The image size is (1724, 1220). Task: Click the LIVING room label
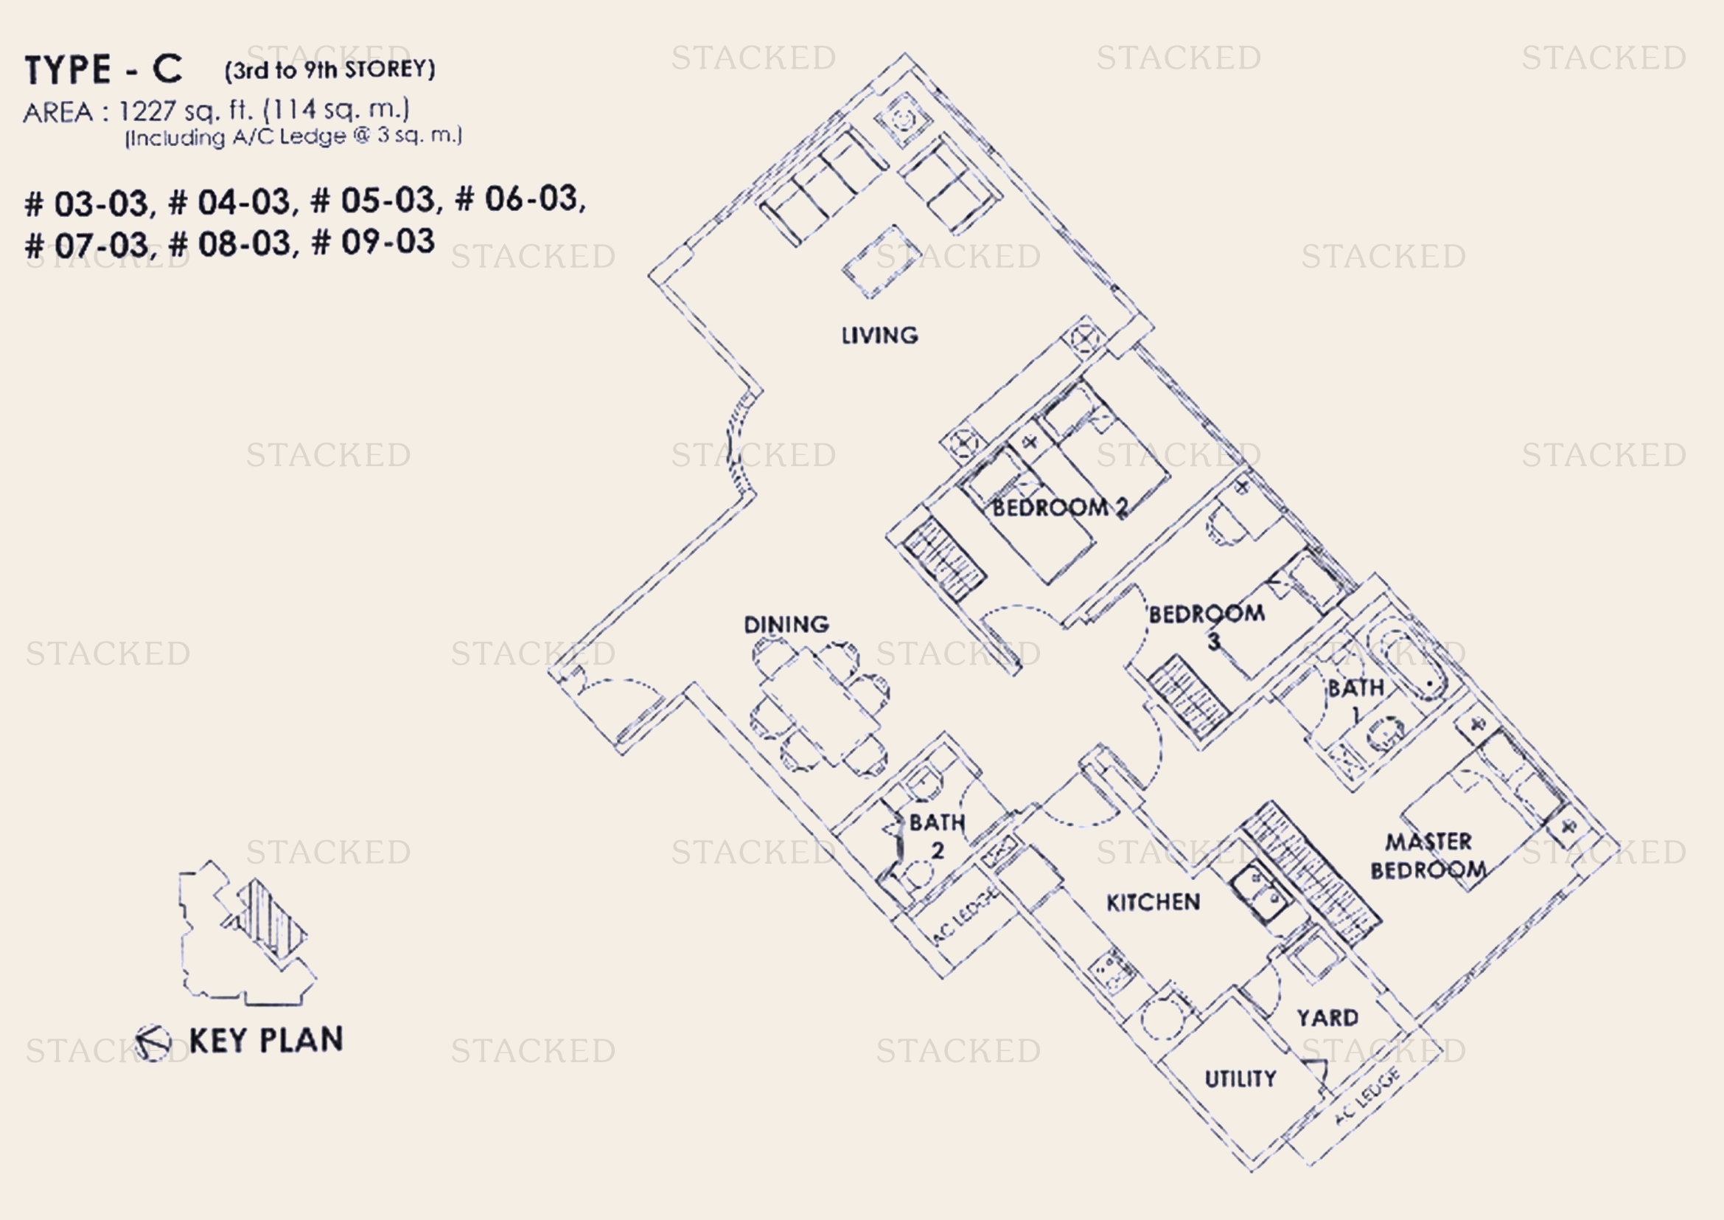coord(879,335)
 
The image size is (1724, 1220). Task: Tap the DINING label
coord(786,624)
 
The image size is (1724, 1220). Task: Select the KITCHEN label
coord(1154,901)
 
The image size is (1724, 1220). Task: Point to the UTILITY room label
coord(1240,1079)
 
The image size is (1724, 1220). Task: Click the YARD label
coord(1327,1017)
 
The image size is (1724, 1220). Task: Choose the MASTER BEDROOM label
coord(1428,856)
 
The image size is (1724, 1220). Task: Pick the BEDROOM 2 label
coord(1060,507)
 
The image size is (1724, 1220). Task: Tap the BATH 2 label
coord(937,836)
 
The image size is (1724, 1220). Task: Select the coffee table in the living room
coord(882,262)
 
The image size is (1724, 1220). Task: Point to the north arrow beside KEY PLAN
coord(153,1043)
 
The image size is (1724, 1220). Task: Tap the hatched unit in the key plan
coord(272,919)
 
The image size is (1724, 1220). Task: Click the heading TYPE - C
coord(104,69)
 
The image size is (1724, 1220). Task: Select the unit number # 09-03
coord(372,242)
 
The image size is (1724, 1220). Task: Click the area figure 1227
coord(147,111)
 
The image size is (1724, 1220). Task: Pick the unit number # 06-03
coord(520,199)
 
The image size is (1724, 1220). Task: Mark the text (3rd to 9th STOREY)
coord(329,70)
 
